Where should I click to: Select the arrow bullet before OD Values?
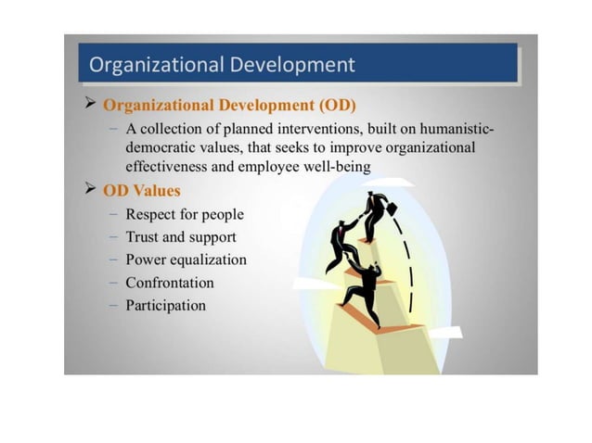(x=91, y=189)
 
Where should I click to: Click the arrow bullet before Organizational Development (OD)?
(x=91, y=103)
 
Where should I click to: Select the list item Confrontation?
(x=170, y=283)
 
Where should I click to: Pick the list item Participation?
(x=166, y=305)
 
